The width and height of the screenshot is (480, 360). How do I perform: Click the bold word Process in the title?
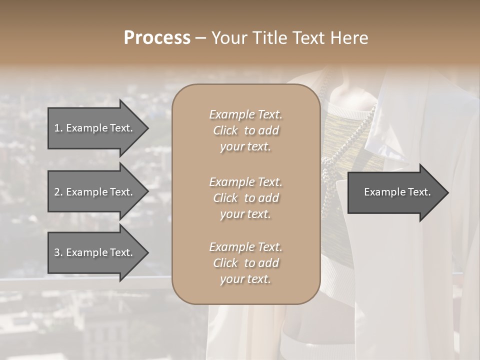[157, 38]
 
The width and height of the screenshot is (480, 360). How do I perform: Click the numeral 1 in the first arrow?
[57, 128]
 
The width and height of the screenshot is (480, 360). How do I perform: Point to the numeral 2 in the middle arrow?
[57, 192]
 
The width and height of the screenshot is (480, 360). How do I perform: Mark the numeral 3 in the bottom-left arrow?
[57, 252]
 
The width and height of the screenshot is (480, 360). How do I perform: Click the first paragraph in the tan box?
[245, 130]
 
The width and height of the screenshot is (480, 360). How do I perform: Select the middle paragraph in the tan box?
[245, 198]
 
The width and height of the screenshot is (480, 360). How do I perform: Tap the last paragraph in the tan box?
[245, 263]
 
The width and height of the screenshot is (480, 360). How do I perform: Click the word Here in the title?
[350, 38]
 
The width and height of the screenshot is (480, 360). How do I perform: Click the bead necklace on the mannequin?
[330, 165]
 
